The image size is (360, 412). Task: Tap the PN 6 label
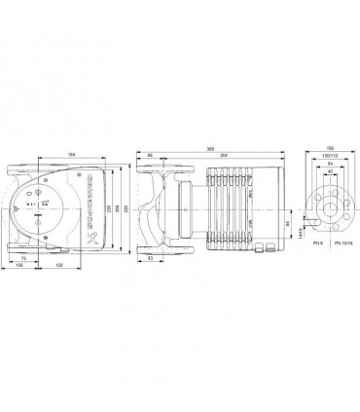[x=310, y=255]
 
